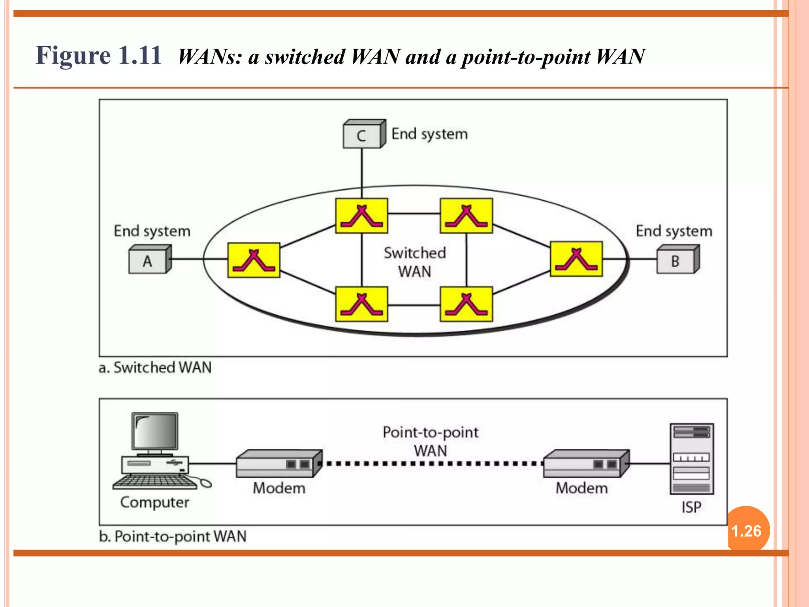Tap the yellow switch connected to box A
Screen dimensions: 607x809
(254, 260)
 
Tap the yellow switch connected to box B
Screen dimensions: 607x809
(576, 259)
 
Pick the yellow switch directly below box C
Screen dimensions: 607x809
(361, 216)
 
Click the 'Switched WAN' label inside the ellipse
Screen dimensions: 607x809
(414, 262)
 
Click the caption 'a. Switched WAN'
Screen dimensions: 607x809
(155, 368)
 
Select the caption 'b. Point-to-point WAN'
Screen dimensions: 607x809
(173, 536)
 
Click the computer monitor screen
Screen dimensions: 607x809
(155, 432)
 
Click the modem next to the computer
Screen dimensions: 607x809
(278, 464)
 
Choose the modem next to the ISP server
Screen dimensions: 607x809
(585, 464)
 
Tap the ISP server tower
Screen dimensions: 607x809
(691, 458)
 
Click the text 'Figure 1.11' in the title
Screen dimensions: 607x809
(98, 55)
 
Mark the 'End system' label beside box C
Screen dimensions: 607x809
(429, 134)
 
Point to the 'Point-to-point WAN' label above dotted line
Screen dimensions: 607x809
(430, 441)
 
